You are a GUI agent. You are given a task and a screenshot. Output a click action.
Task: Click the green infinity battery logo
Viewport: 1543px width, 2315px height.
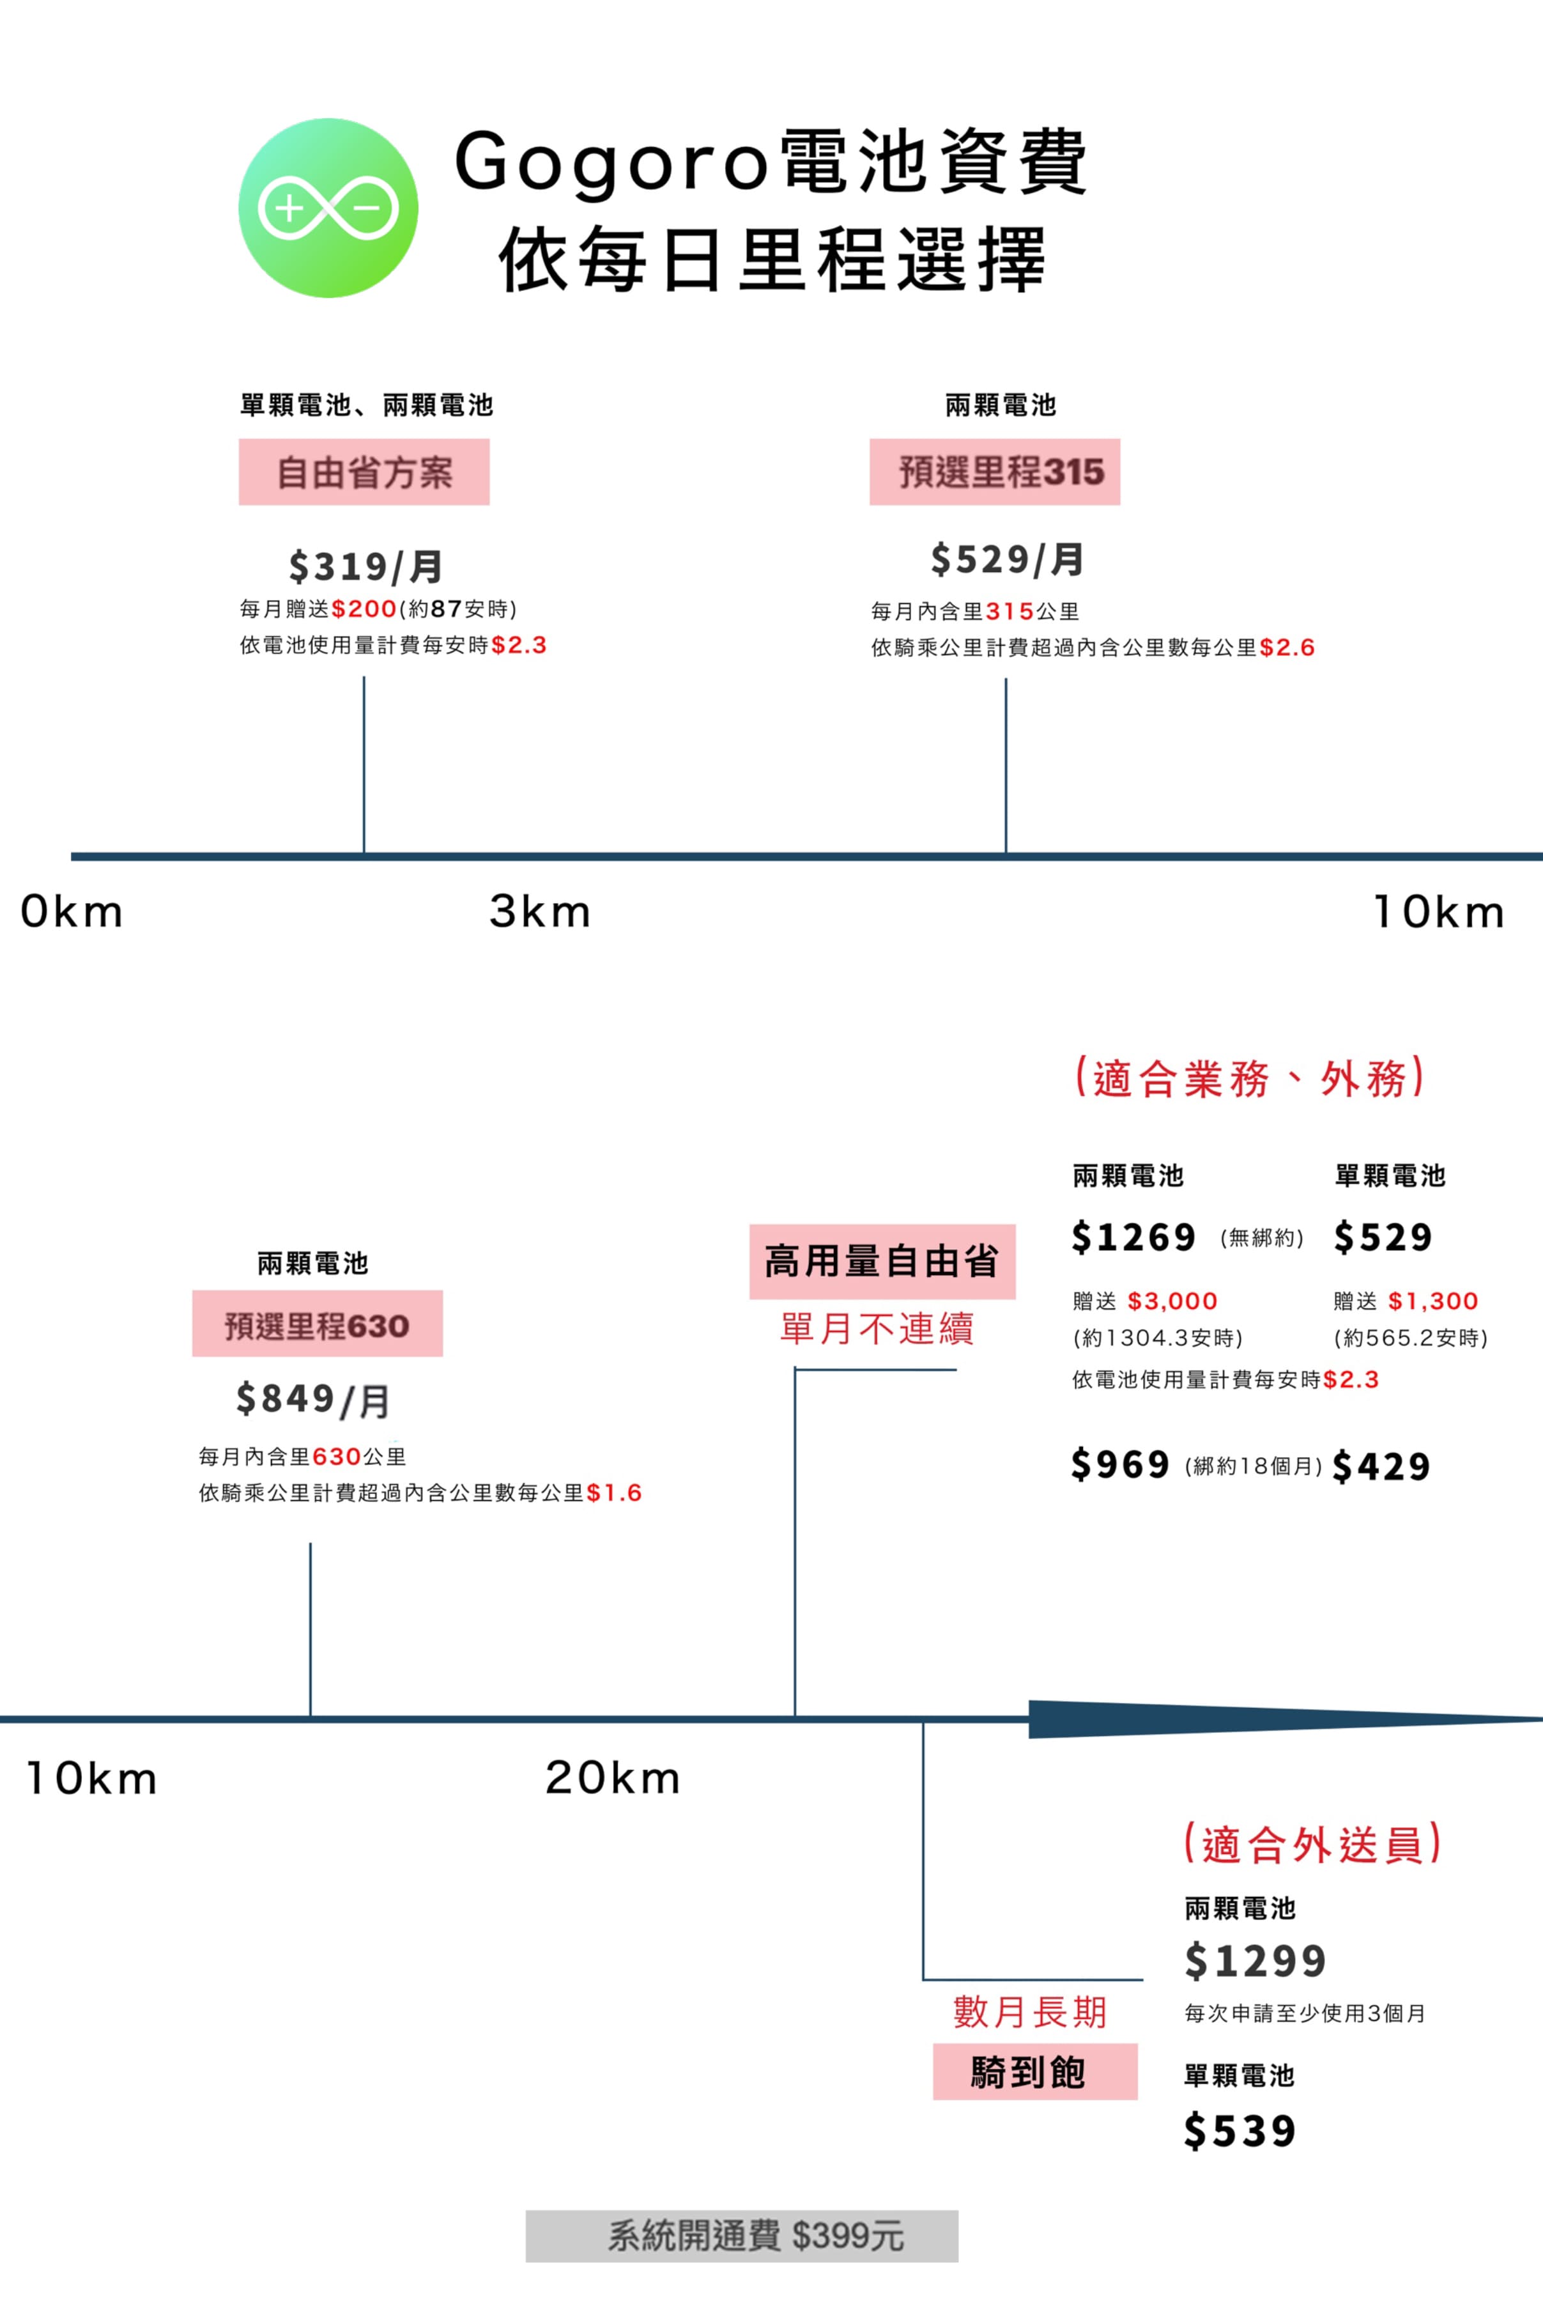(328, 208)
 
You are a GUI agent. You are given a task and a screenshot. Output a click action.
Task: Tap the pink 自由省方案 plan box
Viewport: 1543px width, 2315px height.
(364, 472)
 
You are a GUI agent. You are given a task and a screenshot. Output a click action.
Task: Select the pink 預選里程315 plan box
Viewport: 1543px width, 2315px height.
(995, 472)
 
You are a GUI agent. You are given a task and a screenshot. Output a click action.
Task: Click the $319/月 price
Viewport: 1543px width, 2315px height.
(365, 566)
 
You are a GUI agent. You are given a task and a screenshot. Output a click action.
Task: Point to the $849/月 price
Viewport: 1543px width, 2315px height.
(313, 1398)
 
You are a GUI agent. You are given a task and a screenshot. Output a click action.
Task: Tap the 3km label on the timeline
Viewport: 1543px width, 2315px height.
(541, 911)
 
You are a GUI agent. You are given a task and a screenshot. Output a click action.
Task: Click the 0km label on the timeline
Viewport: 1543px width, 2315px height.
(72, 911)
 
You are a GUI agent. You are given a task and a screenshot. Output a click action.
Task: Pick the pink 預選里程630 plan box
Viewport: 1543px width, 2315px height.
(317, 1323)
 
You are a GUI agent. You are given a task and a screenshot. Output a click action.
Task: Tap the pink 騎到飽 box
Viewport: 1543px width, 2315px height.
(1035, 2071)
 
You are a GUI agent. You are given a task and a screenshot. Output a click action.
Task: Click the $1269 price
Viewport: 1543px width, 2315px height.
(1133, 1236)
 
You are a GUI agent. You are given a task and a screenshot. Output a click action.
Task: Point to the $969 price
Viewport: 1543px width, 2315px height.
(1121, 1464)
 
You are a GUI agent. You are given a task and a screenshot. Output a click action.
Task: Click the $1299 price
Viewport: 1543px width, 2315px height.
(1255, 1960)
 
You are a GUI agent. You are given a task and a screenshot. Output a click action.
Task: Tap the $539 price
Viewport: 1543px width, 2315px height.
(1240, 2130)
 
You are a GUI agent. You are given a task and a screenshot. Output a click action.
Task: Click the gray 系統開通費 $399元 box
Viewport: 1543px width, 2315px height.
(742, 2235)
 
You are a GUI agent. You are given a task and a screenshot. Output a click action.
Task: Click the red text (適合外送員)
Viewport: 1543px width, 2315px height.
(1313, 1843)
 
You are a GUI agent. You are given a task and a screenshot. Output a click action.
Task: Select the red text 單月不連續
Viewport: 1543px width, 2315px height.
(877, 1328)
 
